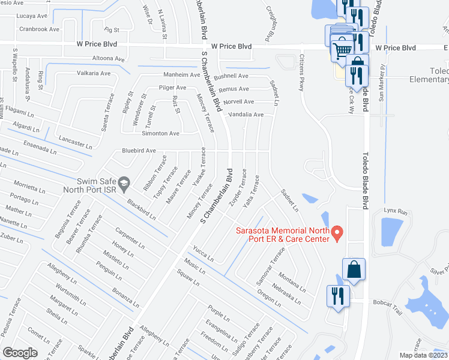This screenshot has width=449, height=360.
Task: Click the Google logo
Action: [20, 352]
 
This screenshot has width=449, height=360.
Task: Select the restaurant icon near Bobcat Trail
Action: [335, 296]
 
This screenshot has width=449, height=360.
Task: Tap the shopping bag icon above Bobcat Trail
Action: [353, 271]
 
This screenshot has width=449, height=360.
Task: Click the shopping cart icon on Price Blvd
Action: [342, 50]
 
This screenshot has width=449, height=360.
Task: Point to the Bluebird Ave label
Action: [139, 151]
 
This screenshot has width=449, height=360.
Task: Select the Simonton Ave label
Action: [160, 133]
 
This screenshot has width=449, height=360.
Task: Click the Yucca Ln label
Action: [203, 254]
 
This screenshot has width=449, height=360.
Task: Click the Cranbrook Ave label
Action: [39, 29]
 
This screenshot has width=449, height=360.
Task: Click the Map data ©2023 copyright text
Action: [423, 355]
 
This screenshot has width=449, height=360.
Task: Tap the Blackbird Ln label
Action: [142, 208]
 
